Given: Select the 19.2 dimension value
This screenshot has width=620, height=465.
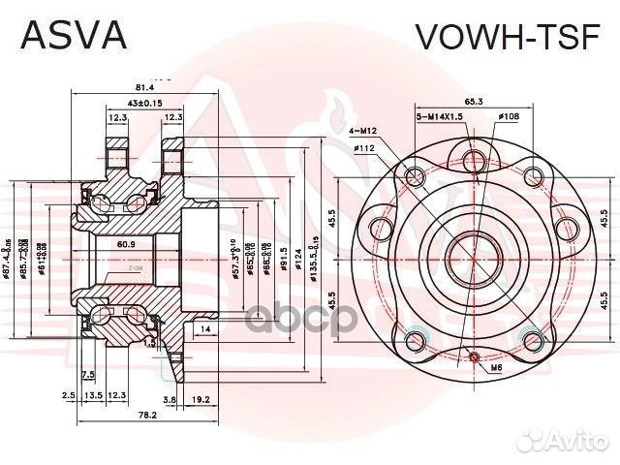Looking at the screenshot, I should pyautogui.click(x=201, y=397).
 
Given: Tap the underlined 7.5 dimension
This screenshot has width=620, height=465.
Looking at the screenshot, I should pyautogui.click(x=88, y=374).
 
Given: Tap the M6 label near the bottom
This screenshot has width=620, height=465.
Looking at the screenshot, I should pyautogui.click(x=495, y=369).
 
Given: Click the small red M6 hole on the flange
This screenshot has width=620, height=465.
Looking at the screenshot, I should pyautogui.click(x=473, y=357).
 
